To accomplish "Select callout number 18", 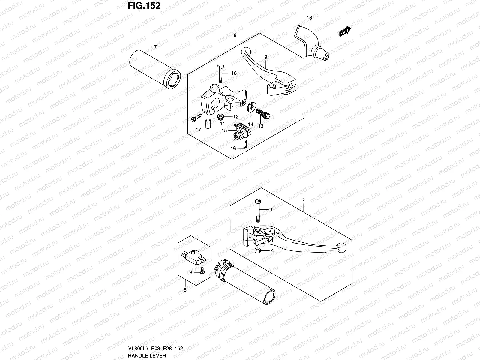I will coord(309,18).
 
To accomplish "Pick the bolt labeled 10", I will coord(220,73).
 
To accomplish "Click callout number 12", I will coord(236,117).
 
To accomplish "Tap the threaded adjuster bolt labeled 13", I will coord(263,113).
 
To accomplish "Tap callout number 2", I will coord(303,200).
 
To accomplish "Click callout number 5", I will coord(185,290).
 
